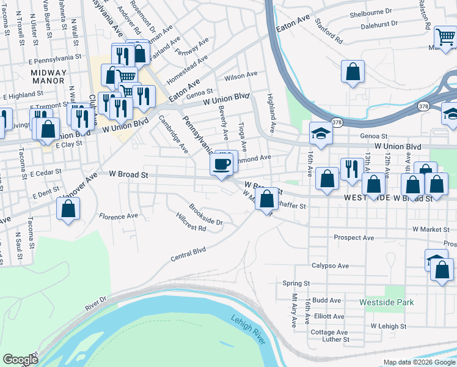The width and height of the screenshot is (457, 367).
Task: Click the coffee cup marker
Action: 221,164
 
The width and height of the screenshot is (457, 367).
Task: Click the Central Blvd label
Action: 188,253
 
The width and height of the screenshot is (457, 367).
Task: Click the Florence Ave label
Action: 119,217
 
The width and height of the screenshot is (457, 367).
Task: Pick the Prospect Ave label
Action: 354,237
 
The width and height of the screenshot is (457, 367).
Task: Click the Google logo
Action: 20,359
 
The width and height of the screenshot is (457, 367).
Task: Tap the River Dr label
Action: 95,304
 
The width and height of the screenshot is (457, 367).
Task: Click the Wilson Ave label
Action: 241,76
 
